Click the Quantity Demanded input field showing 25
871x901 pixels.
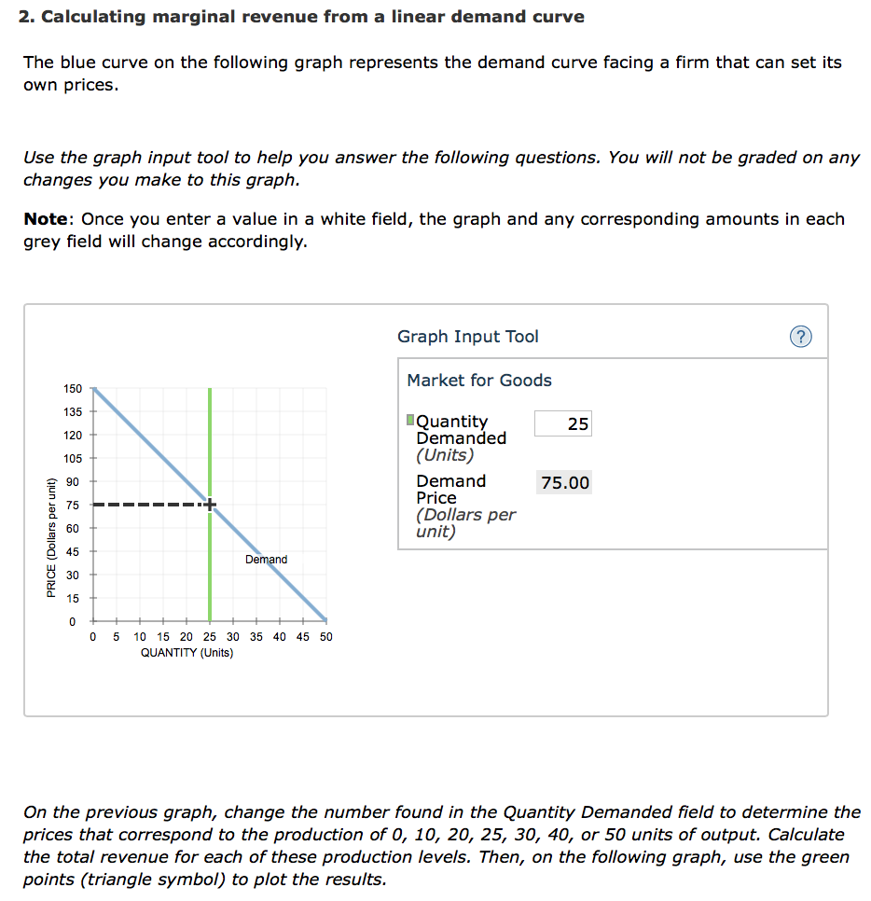pos(562,423)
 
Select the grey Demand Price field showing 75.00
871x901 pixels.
pos(565,482)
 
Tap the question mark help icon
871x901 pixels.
pos(799,337)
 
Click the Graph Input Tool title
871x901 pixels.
pos(467,337)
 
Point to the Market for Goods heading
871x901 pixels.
pos(478,380)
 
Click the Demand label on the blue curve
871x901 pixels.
pos(266,560)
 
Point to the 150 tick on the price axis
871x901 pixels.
pos(73,388)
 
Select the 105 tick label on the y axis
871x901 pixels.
pos(73,458)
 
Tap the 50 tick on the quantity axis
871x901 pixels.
pos(325,637)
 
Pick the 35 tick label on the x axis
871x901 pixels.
pos(256,637)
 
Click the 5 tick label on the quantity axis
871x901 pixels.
pos(115,637)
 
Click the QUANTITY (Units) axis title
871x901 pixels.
pos(187,653)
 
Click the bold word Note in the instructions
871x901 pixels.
pos(46,219)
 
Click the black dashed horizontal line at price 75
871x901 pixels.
pos(149,505)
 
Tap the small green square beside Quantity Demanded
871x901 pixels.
pos(411,421)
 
